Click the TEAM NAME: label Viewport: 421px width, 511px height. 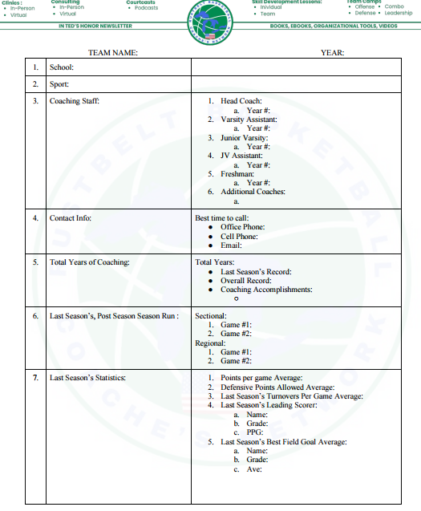pos(112,52)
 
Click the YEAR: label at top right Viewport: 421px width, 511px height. pos(332,52)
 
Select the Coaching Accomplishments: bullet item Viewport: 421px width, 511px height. pos(266,290)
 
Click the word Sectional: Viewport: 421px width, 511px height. pos(211,316)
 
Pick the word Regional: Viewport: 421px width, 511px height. pos(211,343)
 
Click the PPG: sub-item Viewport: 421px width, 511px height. pos(254,432)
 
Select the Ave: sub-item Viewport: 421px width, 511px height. pos(254,469)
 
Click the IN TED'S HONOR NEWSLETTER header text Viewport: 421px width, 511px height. pos(95,26)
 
